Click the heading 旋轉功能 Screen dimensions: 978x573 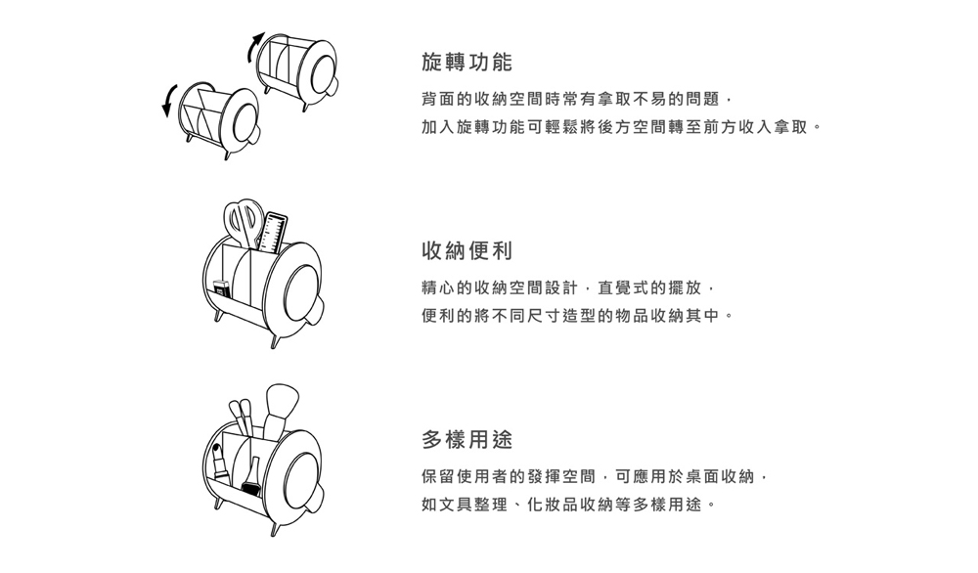[x=467, y=62]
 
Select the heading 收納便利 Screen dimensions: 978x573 [x=467, y=250]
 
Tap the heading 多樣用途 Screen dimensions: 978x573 [x=467, y=440]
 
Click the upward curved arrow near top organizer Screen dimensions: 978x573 [x=254, y=47]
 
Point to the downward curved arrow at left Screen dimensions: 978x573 [x=169, y=100]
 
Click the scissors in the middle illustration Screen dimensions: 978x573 [x=244, y=223]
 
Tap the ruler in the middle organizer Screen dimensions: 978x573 [x=272, y=232]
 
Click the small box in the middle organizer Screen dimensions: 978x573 [x=221, y=289]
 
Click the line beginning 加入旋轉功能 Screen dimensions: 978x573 [x=622, y=127]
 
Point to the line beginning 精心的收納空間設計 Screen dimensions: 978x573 [x=568, y=288]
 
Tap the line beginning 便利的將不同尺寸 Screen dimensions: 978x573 [x=578, y=316]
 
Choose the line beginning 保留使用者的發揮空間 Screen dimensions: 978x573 [x=595, y=477]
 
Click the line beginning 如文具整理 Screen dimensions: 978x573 [x=569, y=505]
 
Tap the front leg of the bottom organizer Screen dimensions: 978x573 [x=275, y=529]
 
